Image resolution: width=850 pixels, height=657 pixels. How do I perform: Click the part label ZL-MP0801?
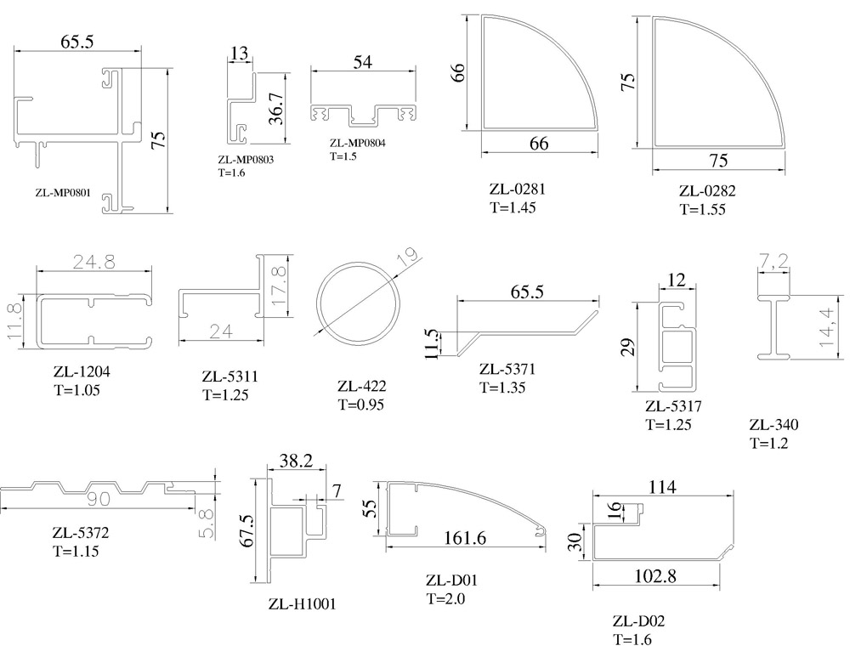point(63,192)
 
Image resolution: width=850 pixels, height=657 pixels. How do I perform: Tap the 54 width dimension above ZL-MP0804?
point(363,62)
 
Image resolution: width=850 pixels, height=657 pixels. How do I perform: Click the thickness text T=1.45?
point(513,207)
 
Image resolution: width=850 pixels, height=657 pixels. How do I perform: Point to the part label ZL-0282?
point(707,191)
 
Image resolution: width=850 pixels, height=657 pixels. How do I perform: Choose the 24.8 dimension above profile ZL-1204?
point(93,262)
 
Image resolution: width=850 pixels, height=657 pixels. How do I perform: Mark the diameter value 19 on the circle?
point(408,255)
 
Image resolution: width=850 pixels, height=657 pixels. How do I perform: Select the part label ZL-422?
point(361,386)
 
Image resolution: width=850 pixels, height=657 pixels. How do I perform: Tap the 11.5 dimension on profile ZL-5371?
point(432,343)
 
